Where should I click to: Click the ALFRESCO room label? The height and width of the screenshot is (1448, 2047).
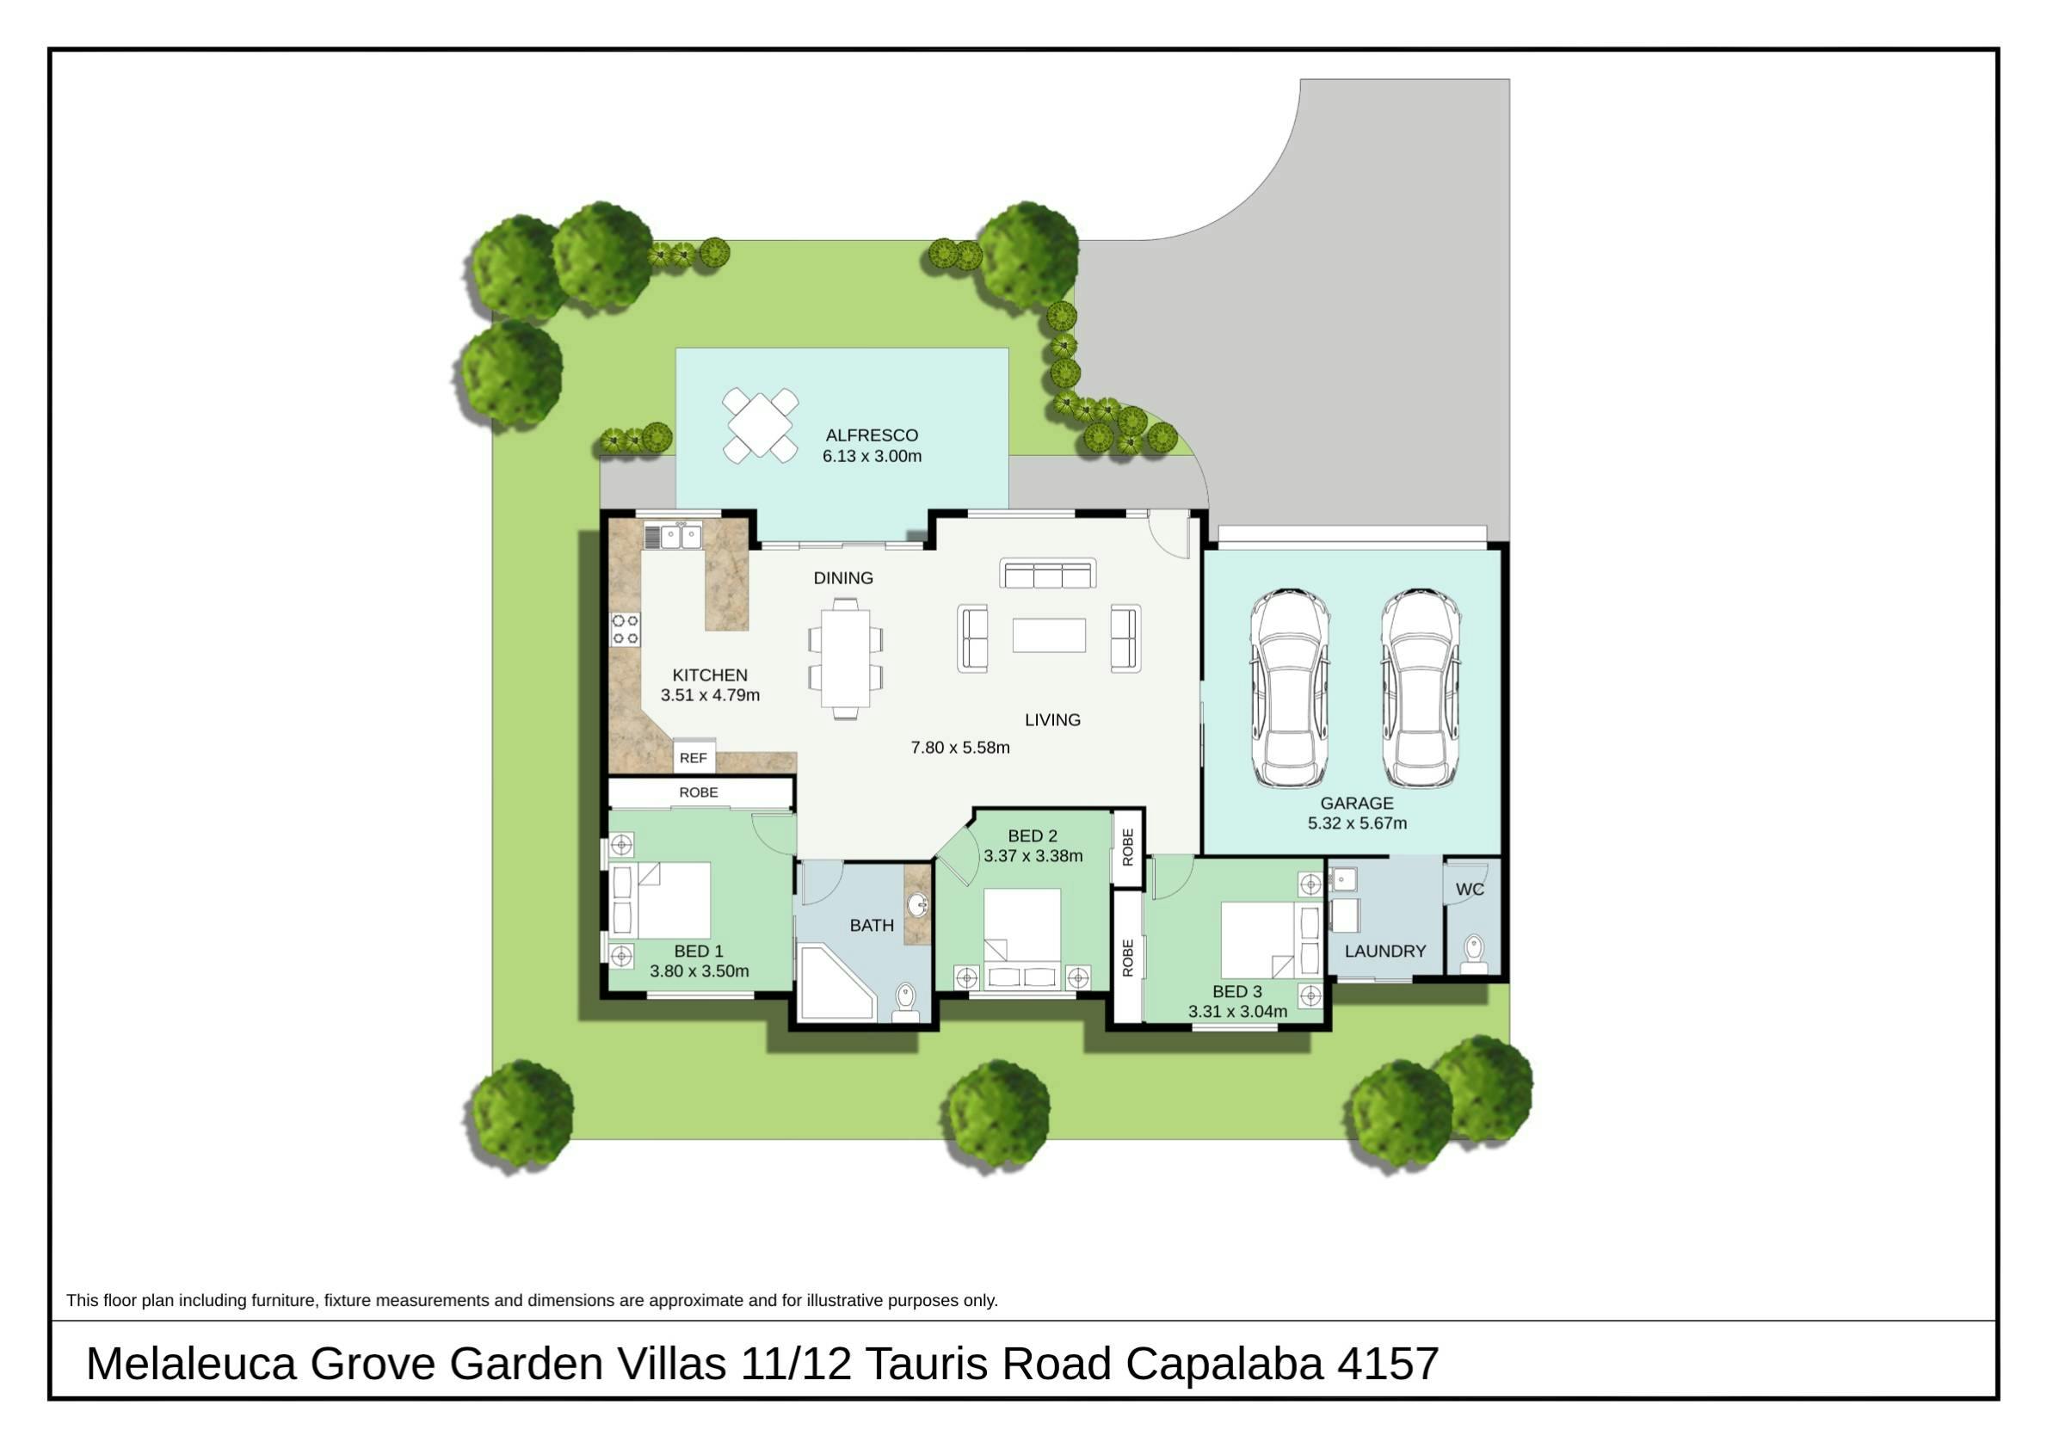[x=871, y=435]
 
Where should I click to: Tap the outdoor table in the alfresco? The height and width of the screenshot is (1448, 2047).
[x=760, y=424]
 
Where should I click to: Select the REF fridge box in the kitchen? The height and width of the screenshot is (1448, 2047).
[x=694, y=757]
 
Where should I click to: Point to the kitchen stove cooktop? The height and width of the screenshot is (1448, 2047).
[x=625, y=629]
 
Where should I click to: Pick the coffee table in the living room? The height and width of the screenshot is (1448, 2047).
[x=1049, y=636]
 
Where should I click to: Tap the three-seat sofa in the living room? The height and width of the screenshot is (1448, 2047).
[x=1047, y=573]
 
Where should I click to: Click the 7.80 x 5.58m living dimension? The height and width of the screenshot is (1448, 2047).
[x=960, y=747]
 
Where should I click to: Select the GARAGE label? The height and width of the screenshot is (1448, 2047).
[x=1356, y=803]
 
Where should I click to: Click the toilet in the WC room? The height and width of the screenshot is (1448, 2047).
[x=1474, y=953]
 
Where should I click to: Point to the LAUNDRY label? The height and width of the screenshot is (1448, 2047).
[x=1384, y=952]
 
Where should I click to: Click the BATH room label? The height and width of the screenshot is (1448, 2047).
[x=871, y=926]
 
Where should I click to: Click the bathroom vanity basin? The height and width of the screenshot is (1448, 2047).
[x=917, y=905]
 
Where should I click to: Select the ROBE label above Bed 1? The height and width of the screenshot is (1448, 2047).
[x=698, y=792]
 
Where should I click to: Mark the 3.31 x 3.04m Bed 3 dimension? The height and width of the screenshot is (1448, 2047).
[x=1237, y=1011]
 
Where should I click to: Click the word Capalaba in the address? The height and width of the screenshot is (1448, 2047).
[x=1224, y=1364]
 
